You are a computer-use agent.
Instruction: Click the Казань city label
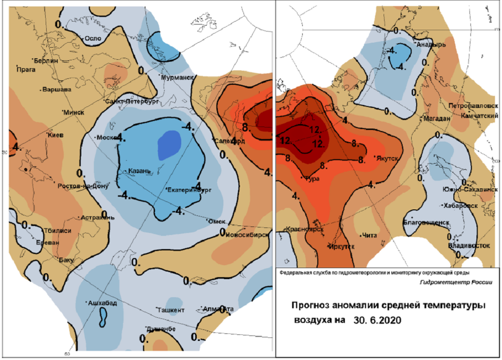[x=140, y=171]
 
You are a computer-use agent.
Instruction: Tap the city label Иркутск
[x=342, y=247]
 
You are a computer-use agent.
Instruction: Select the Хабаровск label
[x=459, y=205]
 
